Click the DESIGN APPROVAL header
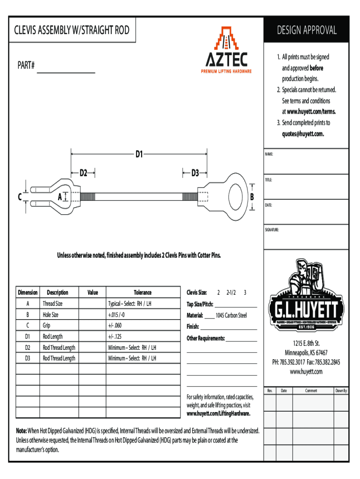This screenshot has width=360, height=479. click(306, 30)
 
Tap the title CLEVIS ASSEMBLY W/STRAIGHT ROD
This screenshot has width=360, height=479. click(72, 31)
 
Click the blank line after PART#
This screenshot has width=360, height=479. click(66, 71)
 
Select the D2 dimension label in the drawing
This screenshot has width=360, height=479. click(83, 173)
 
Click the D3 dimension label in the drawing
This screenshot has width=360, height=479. click(195, 173)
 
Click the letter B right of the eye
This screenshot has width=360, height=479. click(252, 197)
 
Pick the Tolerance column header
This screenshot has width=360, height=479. click(143, 292)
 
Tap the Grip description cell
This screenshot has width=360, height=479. click(47, 325)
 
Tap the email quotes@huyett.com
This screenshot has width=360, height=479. click(303, 133)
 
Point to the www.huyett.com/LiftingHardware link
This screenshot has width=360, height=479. click(218, 414)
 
